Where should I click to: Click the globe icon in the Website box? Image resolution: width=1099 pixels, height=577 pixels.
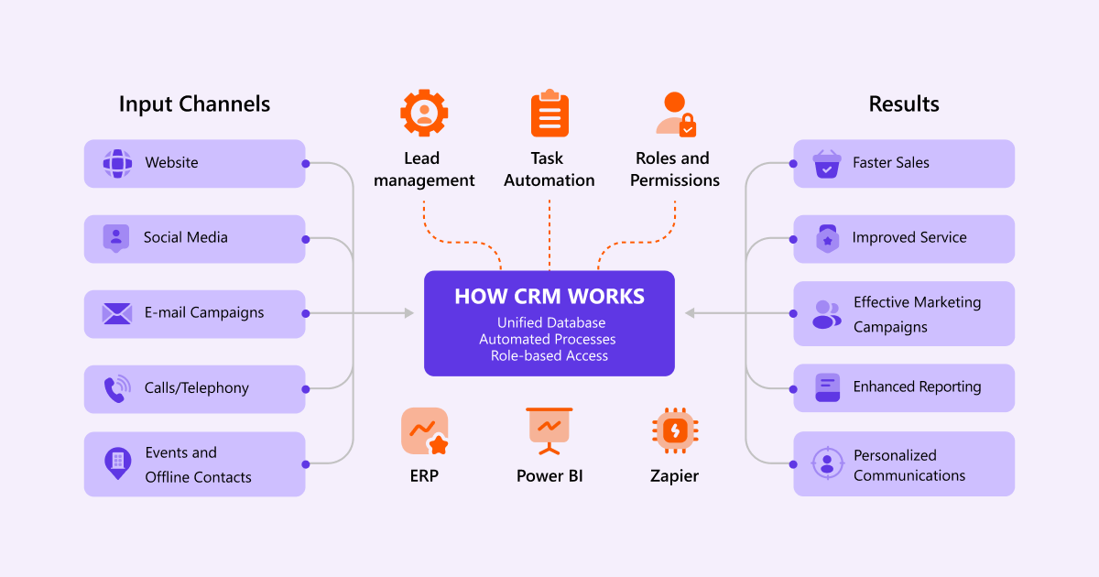116,164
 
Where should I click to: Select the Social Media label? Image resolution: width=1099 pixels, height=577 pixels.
185,237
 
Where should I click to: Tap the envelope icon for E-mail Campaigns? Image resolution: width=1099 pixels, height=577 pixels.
116,313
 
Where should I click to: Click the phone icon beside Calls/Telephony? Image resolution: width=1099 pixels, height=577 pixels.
116,389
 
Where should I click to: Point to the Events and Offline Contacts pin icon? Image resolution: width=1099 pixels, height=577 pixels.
116,463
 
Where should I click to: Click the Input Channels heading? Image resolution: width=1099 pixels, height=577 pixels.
194,103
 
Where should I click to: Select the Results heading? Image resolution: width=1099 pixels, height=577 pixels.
904,103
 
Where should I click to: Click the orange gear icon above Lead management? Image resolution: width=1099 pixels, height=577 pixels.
424,114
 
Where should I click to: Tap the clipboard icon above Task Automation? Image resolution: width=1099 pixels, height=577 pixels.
549,114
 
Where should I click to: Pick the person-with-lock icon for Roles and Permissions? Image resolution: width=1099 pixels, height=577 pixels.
675,114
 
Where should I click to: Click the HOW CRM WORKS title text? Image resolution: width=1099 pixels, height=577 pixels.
549,297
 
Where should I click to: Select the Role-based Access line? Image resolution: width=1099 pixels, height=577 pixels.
549,355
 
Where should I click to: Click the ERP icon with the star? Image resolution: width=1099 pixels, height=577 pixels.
425,431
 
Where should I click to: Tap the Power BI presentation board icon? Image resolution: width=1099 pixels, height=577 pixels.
549,430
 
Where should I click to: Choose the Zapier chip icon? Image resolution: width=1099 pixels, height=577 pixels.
675,431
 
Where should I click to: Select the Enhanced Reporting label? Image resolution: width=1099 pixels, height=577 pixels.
917,386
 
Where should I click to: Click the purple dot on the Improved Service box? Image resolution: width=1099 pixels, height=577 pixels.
793,239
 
